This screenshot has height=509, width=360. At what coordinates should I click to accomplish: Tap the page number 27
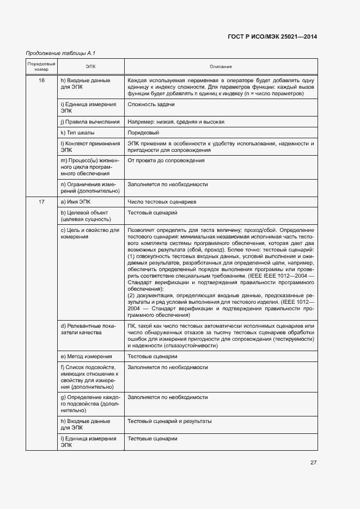click(x=313, y=463)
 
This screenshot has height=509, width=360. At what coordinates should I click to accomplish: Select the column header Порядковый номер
click(x=41, y=66)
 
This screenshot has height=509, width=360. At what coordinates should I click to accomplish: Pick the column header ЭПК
click(x=90, y=66)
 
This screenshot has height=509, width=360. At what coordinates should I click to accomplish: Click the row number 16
click(x=41, y=80)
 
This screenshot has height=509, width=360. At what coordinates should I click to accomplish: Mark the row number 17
click(x=41, y=202)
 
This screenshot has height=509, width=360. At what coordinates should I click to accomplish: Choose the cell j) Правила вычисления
click(x=89, y=121)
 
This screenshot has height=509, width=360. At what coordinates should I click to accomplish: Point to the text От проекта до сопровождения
click(x=166, y=161)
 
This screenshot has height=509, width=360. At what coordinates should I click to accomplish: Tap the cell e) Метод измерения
click(x=86, y=356)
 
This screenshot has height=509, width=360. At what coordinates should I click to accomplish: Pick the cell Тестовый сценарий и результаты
click(x=169, y=421)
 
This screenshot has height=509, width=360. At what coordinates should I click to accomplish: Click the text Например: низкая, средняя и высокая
click(x=176, y=121)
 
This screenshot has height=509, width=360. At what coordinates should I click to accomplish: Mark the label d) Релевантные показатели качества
click(x=88, y=329)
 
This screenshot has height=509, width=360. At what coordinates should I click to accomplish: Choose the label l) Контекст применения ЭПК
click(x=90, y=146)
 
